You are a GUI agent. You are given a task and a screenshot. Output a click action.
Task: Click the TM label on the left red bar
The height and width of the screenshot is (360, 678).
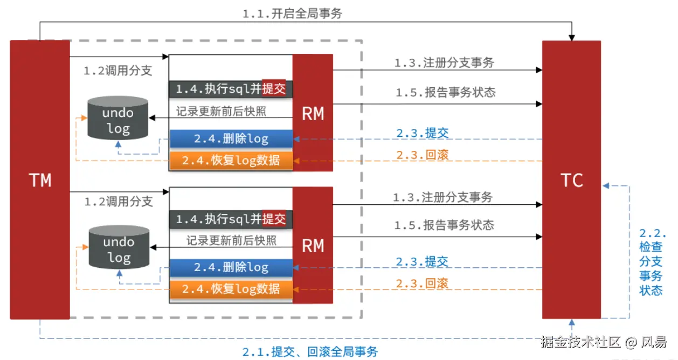point(40,180)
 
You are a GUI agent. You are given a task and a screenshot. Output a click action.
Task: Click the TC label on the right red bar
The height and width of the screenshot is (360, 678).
point(571,181)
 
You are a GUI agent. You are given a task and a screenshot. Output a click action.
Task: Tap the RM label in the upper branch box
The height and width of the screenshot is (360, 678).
point(313,114)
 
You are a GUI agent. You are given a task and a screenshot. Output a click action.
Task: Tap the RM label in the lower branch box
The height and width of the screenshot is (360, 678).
point(313,246)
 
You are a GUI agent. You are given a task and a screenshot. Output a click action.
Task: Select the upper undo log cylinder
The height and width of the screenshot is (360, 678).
point(117,118)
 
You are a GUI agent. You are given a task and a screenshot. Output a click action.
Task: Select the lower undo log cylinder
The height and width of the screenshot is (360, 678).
point(119,247)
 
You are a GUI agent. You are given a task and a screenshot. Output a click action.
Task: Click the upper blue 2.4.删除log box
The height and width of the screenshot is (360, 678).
point(231,139)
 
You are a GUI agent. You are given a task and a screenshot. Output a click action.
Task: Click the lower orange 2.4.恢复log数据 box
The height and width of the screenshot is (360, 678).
point(231,289)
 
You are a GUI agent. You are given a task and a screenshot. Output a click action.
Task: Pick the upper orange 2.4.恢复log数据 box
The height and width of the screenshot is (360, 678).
point(231,161)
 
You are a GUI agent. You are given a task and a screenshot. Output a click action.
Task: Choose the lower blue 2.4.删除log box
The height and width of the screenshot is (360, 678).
point(231,267)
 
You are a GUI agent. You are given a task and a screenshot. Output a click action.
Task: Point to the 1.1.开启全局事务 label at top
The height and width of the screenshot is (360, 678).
point(292,13)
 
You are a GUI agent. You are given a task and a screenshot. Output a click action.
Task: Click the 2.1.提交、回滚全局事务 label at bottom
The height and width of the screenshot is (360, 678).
point(310,352)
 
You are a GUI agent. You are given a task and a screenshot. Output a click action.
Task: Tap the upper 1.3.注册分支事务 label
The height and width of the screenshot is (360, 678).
point(444,63)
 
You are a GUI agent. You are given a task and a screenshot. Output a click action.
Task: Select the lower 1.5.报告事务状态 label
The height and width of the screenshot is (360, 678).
point(444,225)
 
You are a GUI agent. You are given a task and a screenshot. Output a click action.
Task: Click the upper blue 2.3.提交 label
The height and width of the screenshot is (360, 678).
point(422,133)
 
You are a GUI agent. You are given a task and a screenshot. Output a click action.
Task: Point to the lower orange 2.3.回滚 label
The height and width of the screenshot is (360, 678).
point(422,283)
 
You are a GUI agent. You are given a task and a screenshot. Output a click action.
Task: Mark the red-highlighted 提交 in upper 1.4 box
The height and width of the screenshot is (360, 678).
point(274,89)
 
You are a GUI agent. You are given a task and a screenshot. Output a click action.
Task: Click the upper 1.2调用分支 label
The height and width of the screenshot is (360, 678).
point(117,71)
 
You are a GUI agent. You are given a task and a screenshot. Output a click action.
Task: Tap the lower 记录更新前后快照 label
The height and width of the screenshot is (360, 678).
point(231,240)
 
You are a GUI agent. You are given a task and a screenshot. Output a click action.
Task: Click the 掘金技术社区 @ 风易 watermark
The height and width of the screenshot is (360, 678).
point(604,342)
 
